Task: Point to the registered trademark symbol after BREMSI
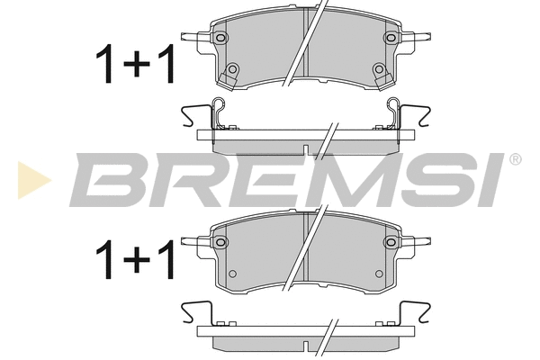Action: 515,160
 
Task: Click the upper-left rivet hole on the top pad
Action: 220,38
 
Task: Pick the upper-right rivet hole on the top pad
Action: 389,38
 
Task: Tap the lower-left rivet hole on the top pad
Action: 232,70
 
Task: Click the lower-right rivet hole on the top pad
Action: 377,70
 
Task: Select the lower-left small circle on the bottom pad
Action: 232,274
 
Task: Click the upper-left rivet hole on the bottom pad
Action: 220,241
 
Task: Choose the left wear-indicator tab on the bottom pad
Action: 192,241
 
